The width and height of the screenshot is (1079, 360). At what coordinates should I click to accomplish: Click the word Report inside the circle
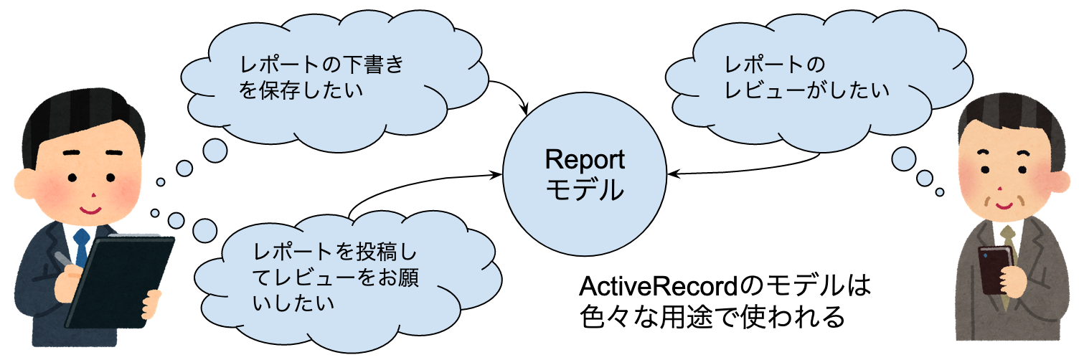pos(585,159)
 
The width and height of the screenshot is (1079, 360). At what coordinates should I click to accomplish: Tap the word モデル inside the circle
pos(585,191)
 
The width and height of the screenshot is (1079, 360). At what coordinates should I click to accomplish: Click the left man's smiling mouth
pos(92,209)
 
